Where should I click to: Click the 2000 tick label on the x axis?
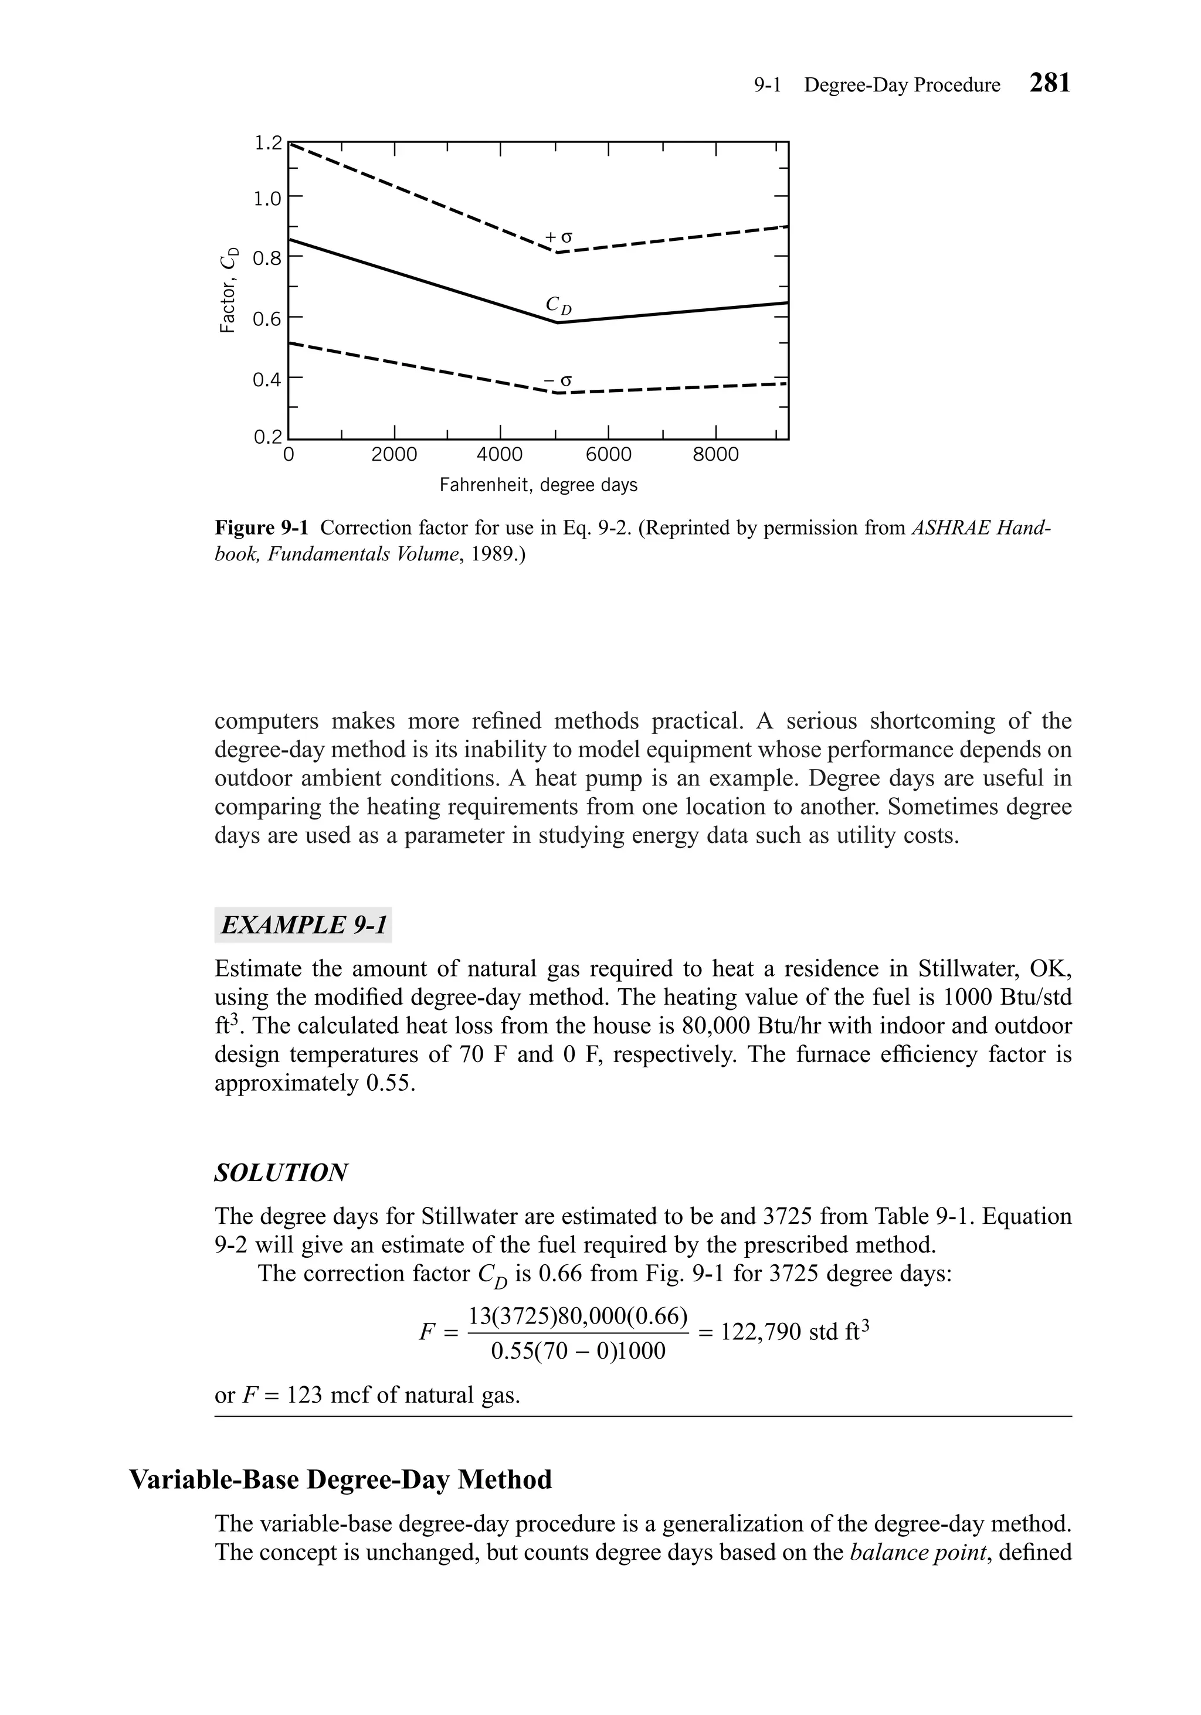(x=394, y=454)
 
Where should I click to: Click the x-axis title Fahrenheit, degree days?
(x=538, y=485)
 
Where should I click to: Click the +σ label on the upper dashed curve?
(x=558, y=237)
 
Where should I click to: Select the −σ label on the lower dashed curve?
(x=558, y=381)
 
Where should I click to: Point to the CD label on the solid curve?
(x=558, y=305)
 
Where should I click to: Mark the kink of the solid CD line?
(x=557, y=323)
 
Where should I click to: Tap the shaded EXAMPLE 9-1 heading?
(x=303, y=925)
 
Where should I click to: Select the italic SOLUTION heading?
(x=281, y=1172)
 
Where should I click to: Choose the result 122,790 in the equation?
(x=761, y=1331)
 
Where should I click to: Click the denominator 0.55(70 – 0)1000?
(x=578, y=1350)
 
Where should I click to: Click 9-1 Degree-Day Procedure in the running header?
(x=877, y=85)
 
